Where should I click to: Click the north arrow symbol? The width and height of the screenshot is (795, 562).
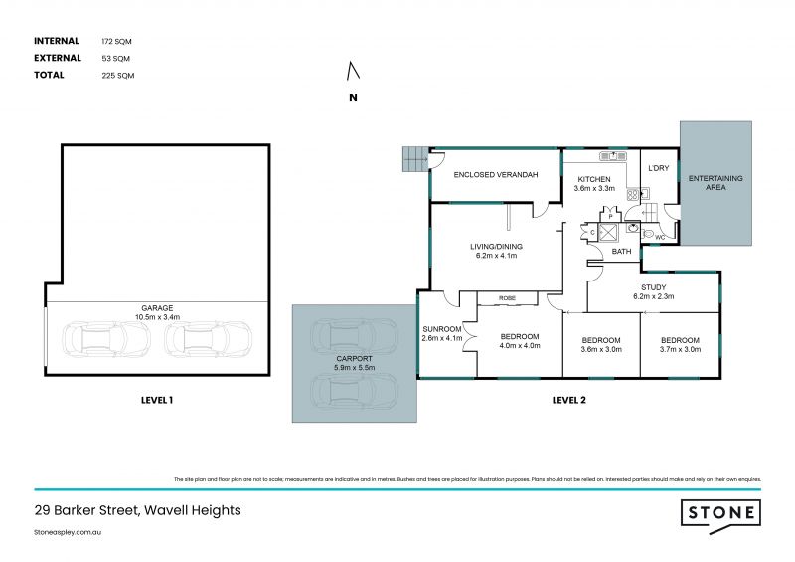coord(350,72)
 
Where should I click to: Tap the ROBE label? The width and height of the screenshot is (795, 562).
coord(507,297)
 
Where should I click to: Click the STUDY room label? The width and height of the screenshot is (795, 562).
coord(652,285)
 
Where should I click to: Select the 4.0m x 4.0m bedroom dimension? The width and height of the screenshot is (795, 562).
coord(518,346)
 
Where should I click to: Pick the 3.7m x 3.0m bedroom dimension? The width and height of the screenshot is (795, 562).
coord(680,349)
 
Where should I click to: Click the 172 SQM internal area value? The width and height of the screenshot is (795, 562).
coord(116,41)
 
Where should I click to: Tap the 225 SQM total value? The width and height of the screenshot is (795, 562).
coord(116,75)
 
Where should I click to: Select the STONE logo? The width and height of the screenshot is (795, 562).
coord(720,513)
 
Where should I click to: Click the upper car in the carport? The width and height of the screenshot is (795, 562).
coord(354,336)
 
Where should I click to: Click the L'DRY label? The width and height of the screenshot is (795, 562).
coord(658,168)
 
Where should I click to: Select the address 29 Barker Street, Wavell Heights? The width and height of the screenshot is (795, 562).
coord(137,510)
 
